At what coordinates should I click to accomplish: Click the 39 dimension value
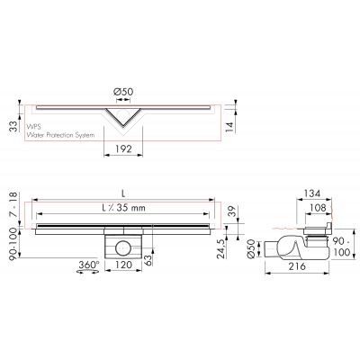(232, 212)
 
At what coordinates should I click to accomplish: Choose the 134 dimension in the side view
(310, 193)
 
